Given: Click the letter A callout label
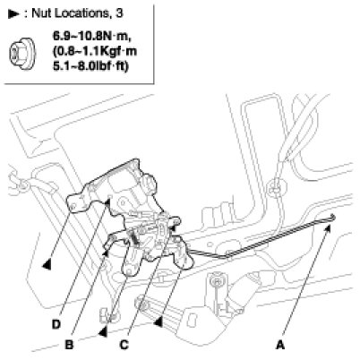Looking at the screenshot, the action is [279, 345].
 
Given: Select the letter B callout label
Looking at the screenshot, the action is [69, 345].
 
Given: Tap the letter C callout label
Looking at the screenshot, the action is [124, 345].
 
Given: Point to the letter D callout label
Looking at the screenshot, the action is [56, 324].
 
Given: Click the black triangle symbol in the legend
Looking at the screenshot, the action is [13, 14].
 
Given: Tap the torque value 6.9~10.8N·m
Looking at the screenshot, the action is [92, 37].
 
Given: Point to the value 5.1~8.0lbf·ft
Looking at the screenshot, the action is [90, 65].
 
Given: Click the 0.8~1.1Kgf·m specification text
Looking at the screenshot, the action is [95, 51].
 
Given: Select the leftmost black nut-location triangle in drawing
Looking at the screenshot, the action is [47, 264].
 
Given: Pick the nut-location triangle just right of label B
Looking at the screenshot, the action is [103, 331].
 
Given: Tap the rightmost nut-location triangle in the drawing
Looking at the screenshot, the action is [158, 321].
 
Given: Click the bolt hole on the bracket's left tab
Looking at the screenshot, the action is [73, 205].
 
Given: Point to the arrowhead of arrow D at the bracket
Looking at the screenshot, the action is [107, 203].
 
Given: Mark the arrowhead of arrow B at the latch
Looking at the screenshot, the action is [106, 253].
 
